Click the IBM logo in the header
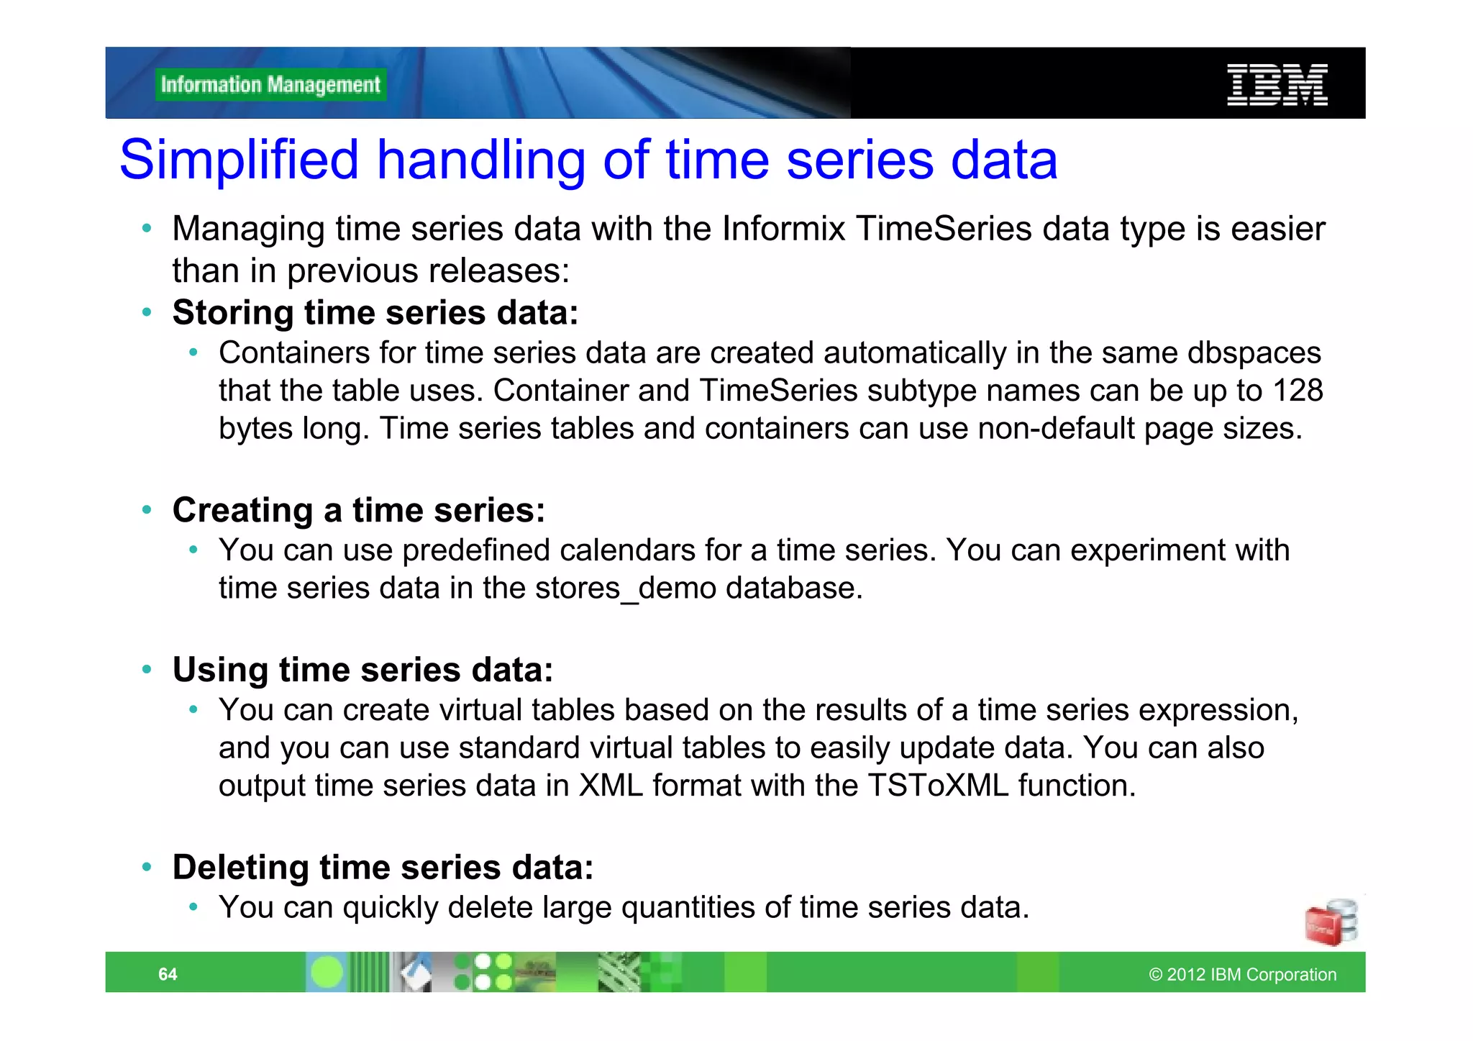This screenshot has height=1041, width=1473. point(1277,85)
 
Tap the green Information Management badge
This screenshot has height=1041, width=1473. point(270,85)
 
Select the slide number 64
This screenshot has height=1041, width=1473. point(168,974)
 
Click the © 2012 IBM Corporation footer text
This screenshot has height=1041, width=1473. point(1242,974)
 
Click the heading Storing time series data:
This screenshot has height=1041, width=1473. point(375,313)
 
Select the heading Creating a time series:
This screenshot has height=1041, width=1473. point(359,510)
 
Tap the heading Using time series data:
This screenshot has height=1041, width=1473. point(363,670)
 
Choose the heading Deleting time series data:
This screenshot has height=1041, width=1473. point(383,867)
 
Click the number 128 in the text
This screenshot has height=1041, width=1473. point(1298,391)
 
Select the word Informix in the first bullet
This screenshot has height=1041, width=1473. point(784,229)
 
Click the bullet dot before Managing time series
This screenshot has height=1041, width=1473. point(147,229)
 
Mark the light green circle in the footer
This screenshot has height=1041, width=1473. point(327,973)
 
